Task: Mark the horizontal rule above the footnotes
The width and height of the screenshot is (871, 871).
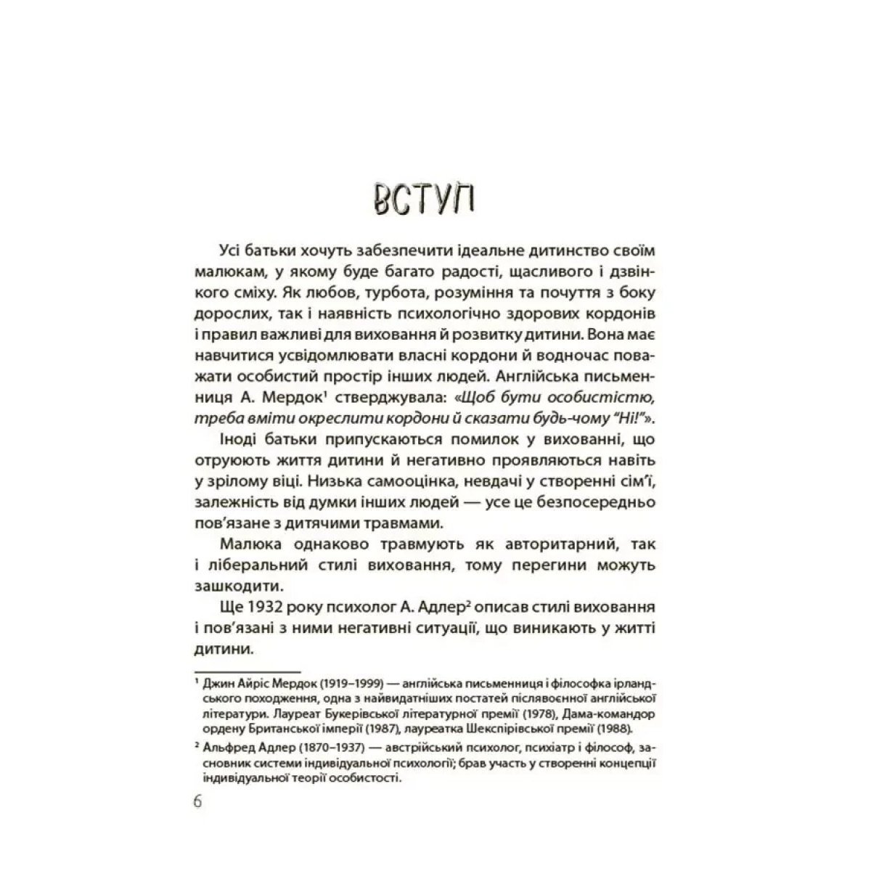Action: (248, 672)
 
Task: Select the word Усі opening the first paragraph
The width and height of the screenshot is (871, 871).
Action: (232, 250)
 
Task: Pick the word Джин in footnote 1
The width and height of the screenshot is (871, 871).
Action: (219, 684)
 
